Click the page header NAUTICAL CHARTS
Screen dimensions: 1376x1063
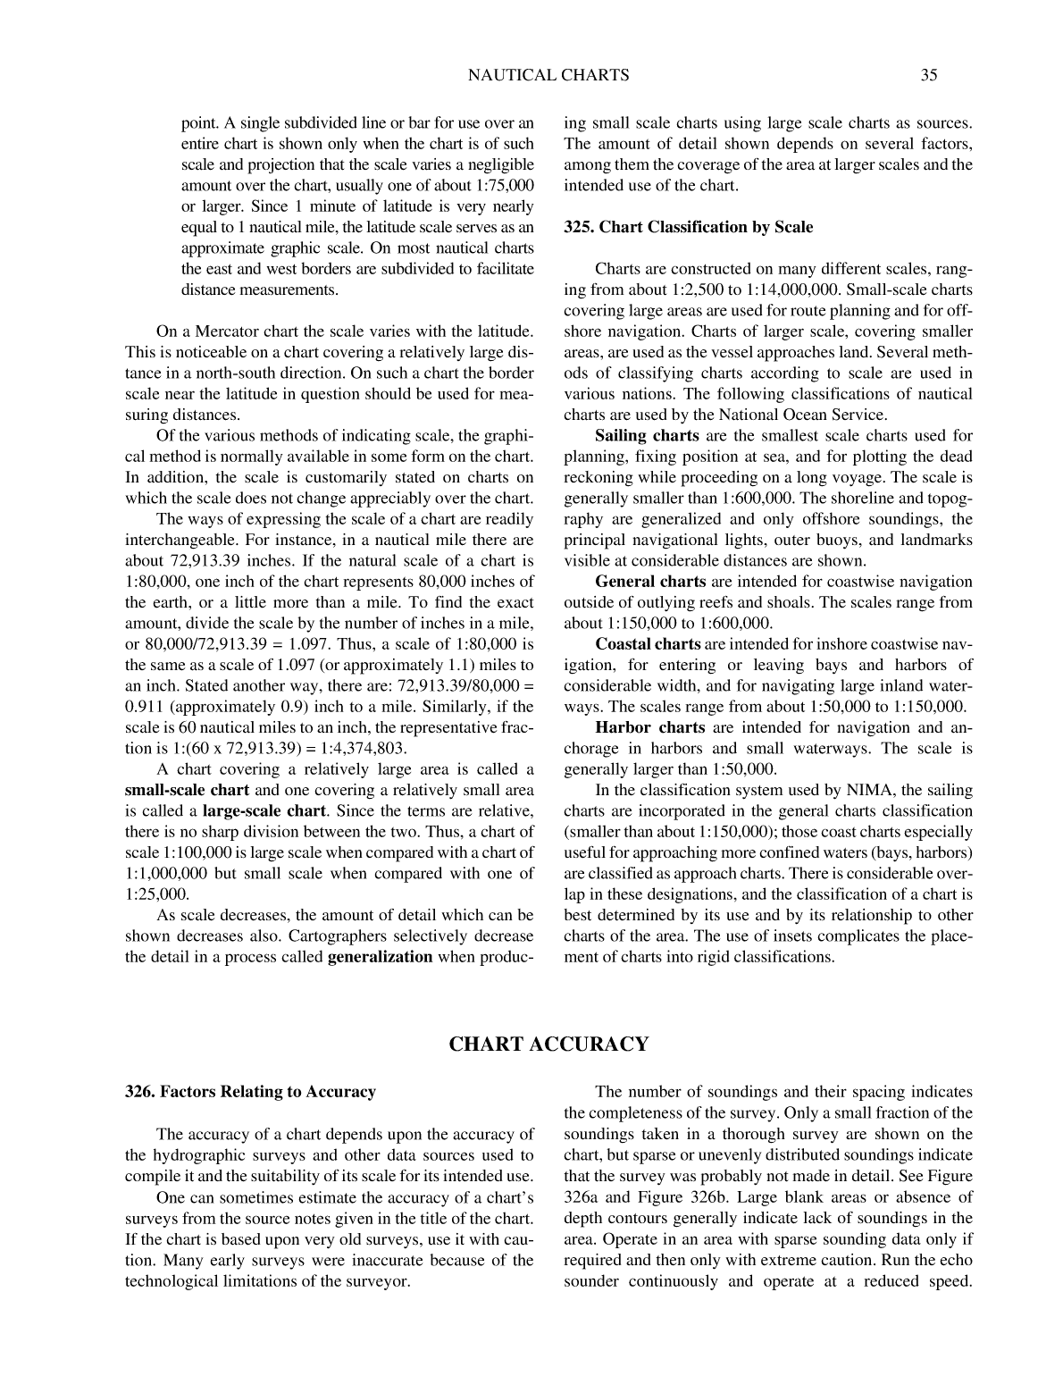click(548, 75)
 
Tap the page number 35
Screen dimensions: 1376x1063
click(928, 75)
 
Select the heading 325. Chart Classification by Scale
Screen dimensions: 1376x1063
click(688, 227)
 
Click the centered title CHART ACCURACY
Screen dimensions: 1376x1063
click(548, 1044)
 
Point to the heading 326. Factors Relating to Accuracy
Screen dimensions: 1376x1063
click(250, 1092)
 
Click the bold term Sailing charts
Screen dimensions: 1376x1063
click(647, 436)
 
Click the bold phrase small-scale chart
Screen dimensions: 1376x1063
click(187, 791)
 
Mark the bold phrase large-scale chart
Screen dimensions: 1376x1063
click(264, 811)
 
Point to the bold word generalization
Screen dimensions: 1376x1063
click(381, 957)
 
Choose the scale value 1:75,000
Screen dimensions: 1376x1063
click(502, 185)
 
